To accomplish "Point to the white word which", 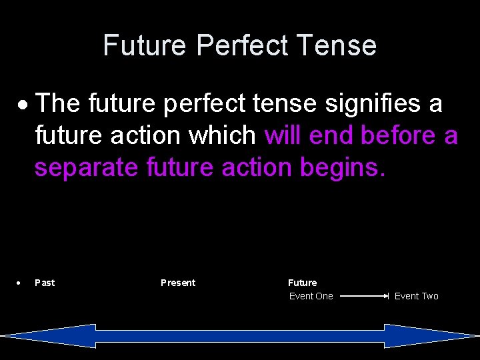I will pos(223,135).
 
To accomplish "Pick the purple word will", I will pos(283,135).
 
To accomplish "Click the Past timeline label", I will pos(45,283).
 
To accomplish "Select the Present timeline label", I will pos(178,283).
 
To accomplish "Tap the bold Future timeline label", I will pos(302,283).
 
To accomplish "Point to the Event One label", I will pos(311,296).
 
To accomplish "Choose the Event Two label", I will pos(417,296).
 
